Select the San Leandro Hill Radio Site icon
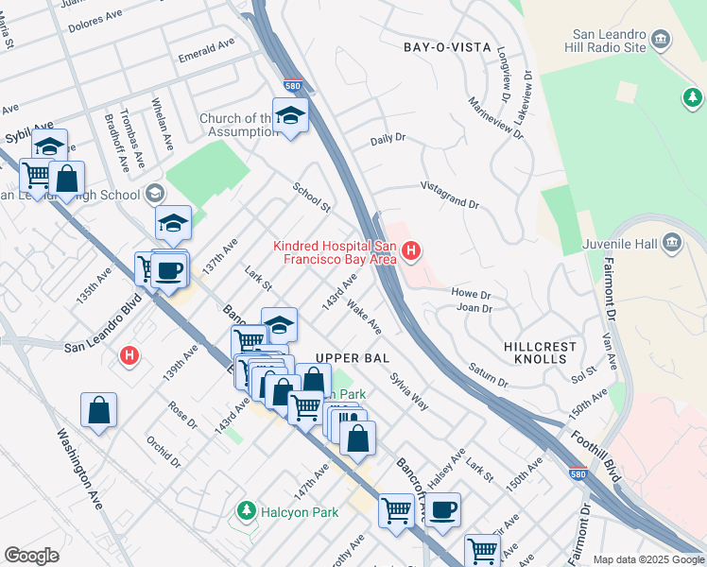click(660, 40)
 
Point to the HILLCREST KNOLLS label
click(540, 353)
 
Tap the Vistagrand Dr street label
click(449, 196)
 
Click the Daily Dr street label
click(388, 138)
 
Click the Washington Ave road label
click(78, 471)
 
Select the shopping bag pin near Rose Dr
click(98, 411)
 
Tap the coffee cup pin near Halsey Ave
click(442, 510)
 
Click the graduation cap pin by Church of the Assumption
click(291, 116)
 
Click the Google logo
click(31, 556)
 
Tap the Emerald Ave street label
click(206, 51)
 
